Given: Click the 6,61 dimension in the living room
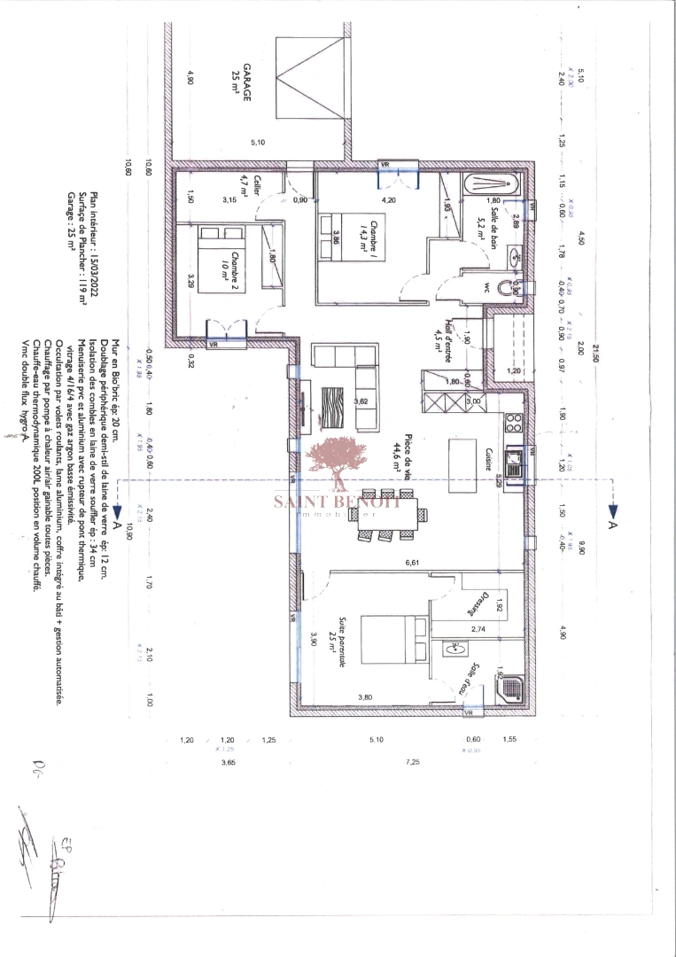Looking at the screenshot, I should point(409,564).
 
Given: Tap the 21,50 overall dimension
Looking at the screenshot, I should point(598,352).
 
